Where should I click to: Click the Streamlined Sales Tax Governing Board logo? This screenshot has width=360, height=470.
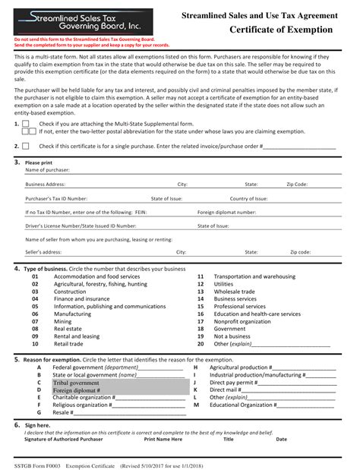(67, 21)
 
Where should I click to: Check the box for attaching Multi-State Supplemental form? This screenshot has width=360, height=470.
(26, 123)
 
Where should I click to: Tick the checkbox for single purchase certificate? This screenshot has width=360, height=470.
(26, 146)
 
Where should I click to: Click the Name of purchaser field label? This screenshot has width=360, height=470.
(49, 170)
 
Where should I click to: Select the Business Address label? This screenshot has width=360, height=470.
(45, 184)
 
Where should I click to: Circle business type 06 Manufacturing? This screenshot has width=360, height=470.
(72, 314)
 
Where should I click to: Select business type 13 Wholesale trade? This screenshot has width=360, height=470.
(234, 291)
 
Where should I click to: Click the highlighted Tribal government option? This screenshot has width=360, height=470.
(76, 383)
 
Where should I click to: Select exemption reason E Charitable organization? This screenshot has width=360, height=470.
(84, 397)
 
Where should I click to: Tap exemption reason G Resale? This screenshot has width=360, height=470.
(63, 412)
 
